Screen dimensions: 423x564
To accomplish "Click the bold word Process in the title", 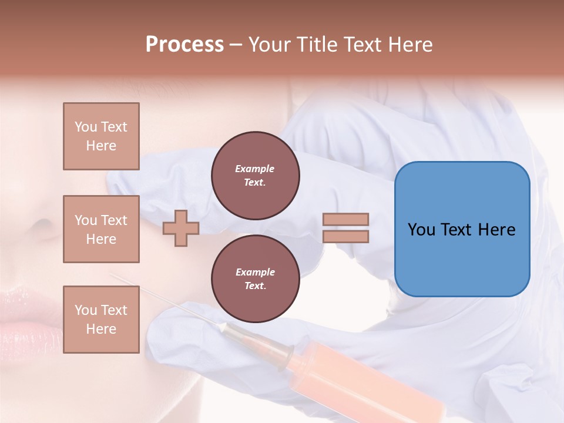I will pyautogui.click(x=184, y=45).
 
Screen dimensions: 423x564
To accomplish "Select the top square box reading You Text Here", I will pyautogui.click(x=101, y=136).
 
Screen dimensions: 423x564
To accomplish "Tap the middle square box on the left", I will pyautogui.click(x=101, y=229).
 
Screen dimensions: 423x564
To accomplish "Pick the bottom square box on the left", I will pyautogui.click(x=101, y=320).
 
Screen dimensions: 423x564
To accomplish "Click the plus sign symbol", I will pyautogui.click(x=180, y=228).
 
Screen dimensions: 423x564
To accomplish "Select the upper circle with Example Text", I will pyautogui.click(x=255, y=176).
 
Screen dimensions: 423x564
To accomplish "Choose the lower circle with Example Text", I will pyautogui.click(x=255, y=279).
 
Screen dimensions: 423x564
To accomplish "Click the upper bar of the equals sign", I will pyautogui.click(x=345, y=219).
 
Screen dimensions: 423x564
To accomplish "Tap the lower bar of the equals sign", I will pyautogui.click(x=345, y=237).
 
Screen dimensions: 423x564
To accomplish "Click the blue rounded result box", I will pyautogui.click(x=462, y=258).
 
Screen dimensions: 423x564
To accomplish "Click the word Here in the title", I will pyautogui.click(x=411, y=45).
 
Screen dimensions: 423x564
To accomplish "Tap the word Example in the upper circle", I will pyautogui.click(x=255, y=169).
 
